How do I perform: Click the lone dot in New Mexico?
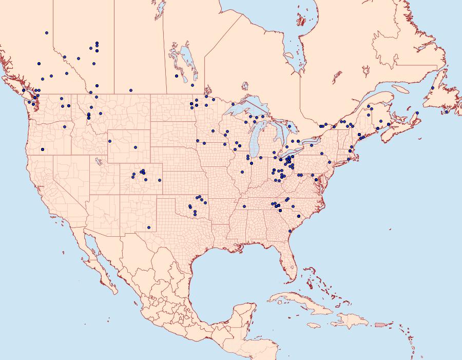149,228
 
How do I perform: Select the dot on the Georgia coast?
290,232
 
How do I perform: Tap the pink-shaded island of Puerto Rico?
380,324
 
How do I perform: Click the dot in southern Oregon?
43,149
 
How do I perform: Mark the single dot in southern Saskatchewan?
131,90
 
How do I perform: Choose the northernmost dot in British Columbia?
47,32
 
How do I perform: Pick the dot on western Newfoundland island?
433,88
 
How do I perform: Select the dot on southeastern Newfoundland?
447,112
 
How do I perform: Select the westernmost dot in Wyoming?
110,141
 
